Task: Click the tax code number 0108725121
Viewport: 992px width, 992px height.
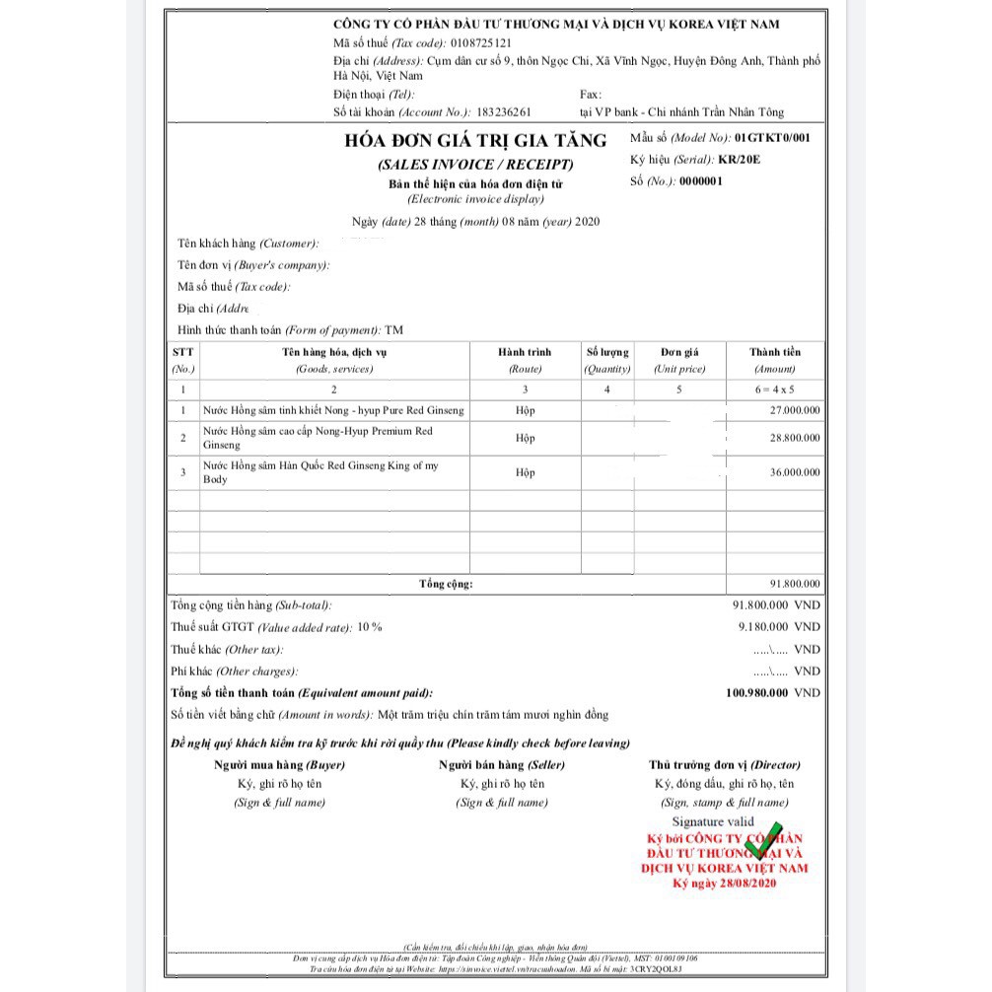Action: (480, 43)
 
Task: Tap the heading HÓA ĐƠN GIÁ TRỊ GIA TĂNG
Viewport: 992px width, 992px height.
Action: (475, 141)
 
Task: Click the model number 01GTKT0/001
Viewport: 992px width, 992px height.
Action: (772, 138)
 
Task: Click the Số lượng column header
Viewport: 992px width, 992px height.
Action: (606, 352)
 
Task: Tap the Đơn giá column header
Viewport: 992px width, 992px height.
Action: (679, 352)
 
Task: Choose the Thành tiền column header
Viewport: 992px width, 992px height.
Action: (775, 352)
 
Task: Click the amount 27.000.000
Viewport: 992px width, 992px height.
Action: (794, 410)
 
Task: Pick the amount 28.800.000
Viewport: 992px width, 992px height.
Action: (794, 437)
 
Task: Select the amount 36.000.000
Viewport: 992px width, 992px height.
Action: (794, 472)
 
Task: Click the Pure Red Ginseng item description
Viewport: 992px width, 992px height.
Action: (333, 410)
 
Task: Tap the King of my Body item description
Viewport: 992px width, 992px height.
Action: (320, 472)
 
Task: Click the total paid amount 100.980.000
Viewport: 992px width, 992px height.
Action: (756, 693)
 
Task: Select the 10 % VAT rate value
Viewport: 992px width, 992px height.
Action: (370, 627)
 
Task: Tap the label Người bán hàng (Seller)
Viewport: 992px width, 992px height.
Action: (502, 765)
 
